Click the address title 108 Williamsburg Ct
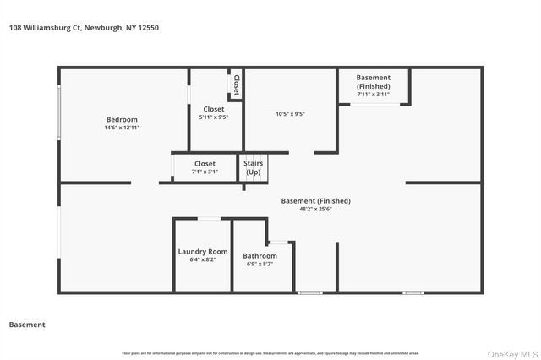pos(84,28)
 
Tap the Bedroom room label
pos(121,119)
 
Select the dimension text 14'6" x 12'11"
pos(121,128)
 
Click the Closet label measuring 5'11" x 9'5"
pos(214,109)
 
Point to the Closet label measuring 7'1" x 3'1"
pos(205,163)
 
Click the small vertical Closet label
pos(237,84)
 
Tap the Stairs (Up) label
pos(253,167)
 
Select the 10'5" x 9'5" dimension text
pos(290,114)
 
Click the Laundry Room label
pos(202,251)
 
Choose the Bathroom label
pos(260,255)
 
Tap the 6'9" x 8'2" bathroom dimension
pos(260,264)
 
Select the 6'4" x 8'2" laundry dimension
pos(202,260)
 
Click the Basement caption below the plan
pos(27,325)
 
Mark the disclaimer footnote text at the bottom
pos(270,352)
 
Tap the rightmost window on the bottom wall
pos(413,292)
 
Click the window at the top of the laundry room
pos(209,219)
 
